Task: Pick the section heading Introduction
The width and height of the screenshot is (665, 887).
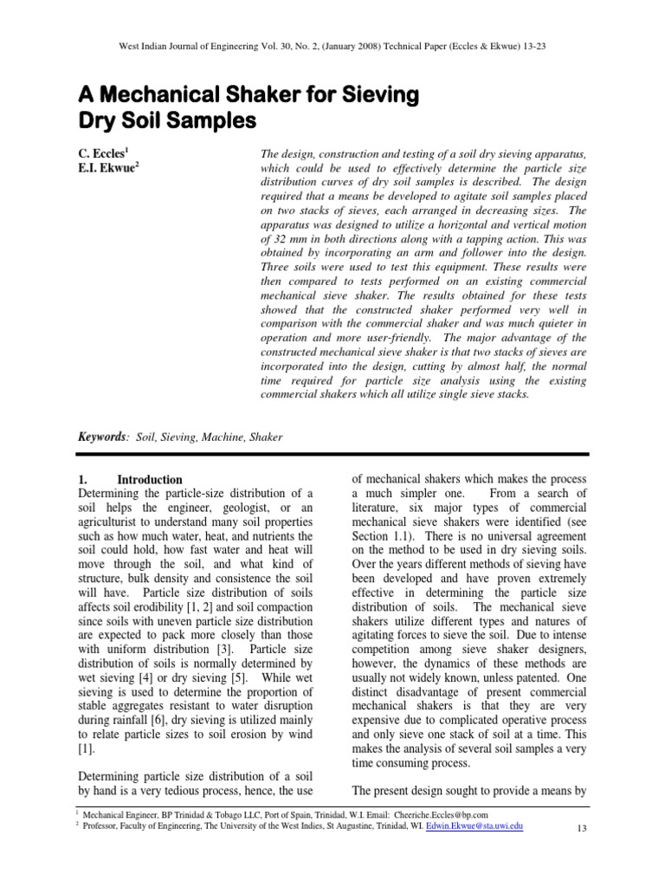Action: coord(150,479)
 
